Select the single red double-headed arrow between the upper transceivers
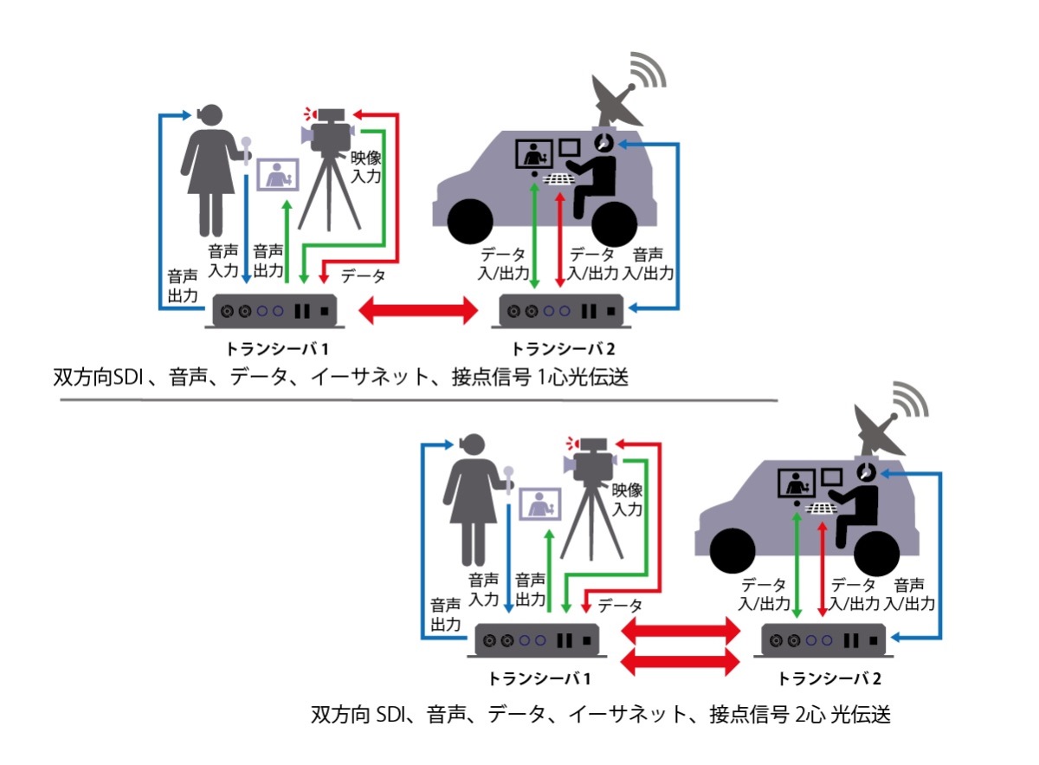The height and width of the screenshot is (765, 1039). point(418,309)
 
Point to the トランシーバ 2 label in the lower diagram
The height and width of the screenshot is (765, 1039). point(830,677)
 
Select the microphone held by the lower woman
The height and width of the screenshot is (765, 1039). point(510,476)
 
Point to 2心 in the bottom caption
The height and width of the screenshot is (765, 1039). point(808,716)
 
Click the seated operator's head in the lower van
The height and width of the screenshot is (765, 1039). point(867,472)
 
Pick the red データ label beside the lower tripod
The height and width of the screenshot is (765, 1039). point(620,605)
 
